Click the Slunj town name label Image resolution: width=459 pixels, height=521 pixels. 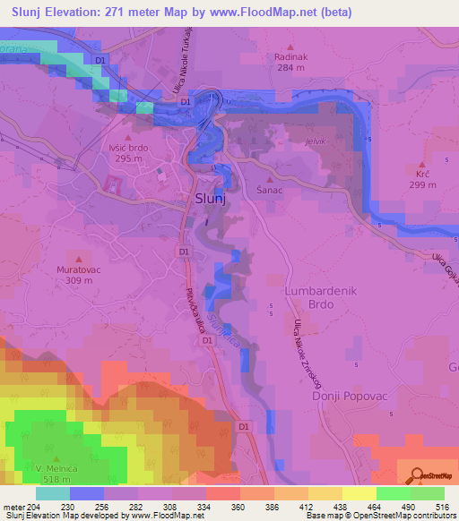point(209,201)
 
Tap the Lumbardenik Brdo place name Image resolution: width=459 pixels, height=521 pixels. point(321,298)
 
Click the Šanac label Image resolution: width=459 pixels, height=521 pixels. point(270,192)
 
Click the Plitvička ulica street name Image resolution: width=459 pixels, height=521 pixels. point(195,309)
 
